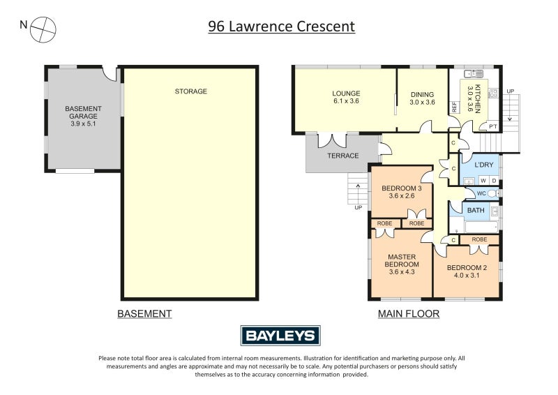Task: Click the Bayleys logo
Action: (x=280, y=336)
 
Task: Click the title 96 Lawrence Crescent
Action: (x=282, y=27)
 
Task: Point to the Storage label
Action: (x=190, y=91)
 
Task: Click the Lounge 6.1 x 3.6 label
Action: (x=345, y=98)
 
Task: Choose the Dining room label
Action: (x=422, y=98)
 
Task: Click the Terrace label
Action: (x=343, y=156)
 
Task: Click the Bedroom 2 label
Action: (x=467, y=272)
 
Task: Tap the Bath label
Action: (x=476, y=210)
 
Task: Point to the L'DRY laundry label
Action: (x=484, y=165)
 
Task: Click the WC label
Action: (x=481, y=193)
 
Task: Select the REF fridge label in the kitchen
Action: (x=454, y=107)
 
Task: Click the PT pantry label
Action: (x=492, y=126)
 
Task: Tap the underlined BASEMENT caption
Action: (x=144, y=314)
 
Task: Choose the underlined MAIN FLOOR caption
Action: (x=409, y=314)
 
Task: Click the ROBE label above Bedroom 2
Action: (x=479, y=239)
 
